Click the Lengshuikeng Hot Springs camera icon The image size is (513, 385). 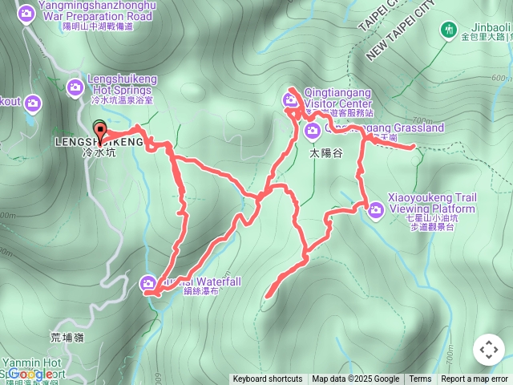point(75,87)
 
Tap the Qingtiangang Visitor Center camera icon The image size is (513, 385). point(289,100)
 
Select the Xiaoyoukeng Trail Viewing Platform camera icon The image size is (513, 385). point(376,210)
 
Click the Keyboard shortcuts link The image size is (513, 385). point(268,379)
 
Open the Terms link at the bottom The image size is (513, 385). point(420,379)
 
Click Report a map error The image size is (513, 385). point(475,379)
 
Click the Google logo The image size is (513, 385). point(32,374)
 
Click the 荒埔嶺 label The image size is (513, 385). point(67,338)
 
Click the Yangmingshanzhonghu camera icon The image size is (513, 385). point(26,13)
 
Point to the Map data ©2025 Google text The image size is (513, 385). point(355,379)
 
